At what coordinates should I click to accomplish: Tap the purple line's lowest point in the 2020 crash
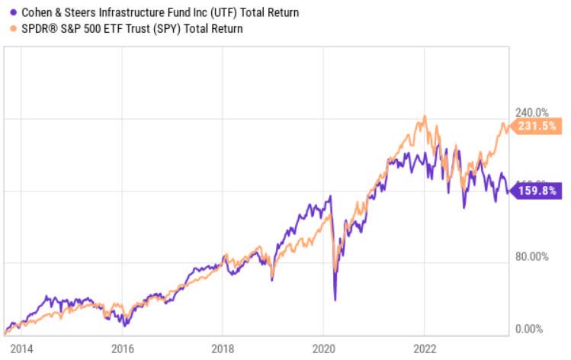coord(335,300)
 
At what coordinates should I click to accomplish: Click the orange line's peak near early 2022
coord(425,117)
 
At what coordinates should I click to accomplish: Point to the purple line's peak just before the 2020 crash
coord(331,197)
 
